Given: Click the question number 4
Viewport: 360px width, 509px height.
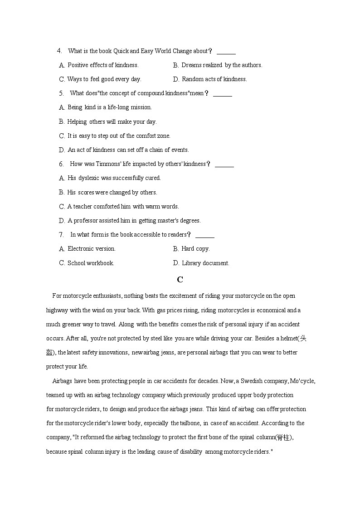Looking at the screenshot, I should pos(59,51).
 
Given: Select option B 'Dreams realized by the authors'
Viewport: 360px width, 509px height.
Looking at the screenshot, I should pos(218,65).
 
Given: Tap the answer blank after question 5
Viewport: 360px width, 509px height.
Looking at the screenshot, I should pos(223,94).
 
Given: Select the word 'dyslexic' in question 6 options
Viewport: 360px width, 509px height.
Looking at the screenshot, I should pos(89,178).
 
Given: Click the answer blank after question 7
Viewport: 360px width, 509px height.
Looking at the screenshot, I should pos(205,235).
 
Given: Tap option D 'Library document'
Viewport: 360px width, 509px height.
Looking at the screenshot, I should pos(201,263).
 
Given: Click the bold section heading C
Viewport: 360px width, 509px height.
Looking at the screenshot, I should pos(180,280).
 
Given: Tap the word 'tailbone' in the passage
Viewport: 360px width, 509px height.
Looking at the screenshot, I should pos(185,423).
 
